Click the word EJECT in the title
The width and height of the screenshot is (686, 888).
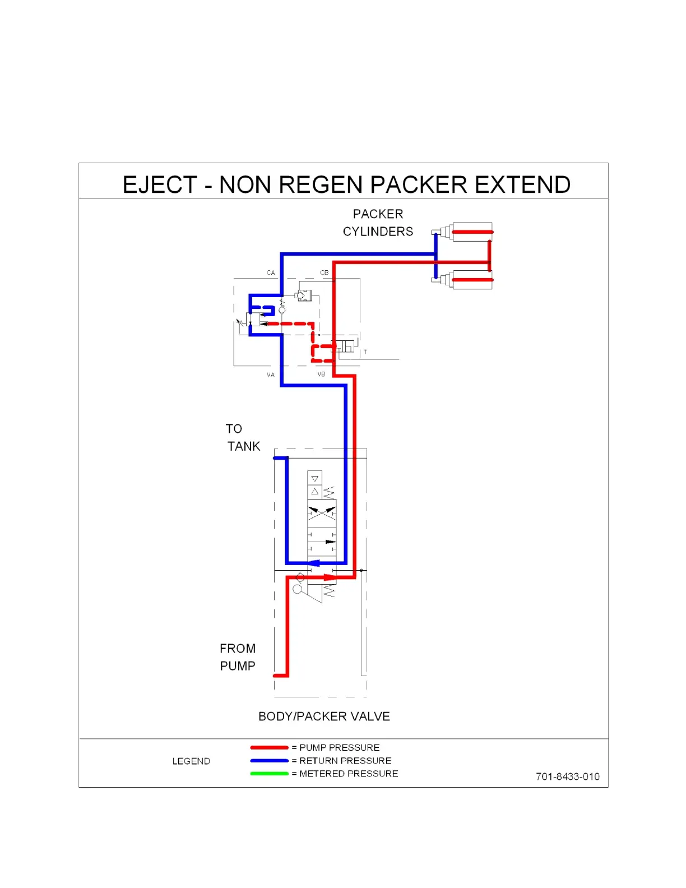click(x=160, y=185)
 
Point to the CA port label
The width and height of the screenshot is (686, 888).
click(x=271, y=273)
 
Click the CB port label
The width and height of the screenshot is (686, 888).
click(x=324, y=273)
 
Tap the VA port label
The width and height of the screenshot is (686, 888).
click(x=271, y=374)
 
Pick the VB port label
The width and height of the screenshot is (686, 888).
click(x=321, y=374)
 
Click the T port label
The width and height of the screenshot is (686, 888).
click(x=365, y=352)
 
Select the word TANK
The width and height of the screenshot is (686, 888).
click(x=244, y=446)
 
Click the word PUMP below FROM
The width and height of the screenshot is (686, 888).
click(x=238, y=666)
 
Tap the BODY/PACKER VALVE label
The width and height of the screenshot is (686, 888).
click(x=324, y=716)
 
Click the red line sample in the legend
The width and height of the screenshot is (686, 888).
click(x=269, y=747)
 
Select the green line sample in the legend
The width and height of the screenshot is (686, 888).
click(x=269, y=774)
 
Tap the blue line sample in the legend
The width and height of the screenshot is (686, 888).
click(x=269, y=761)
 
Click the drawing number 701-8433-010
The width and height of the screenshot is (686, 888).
click(x=567, y=776)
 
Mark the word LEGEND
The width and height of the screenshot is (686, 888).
click(x=191, y=761)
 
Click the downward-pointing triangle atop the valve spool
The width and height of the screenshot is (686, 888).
click(x=314, y=479)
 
